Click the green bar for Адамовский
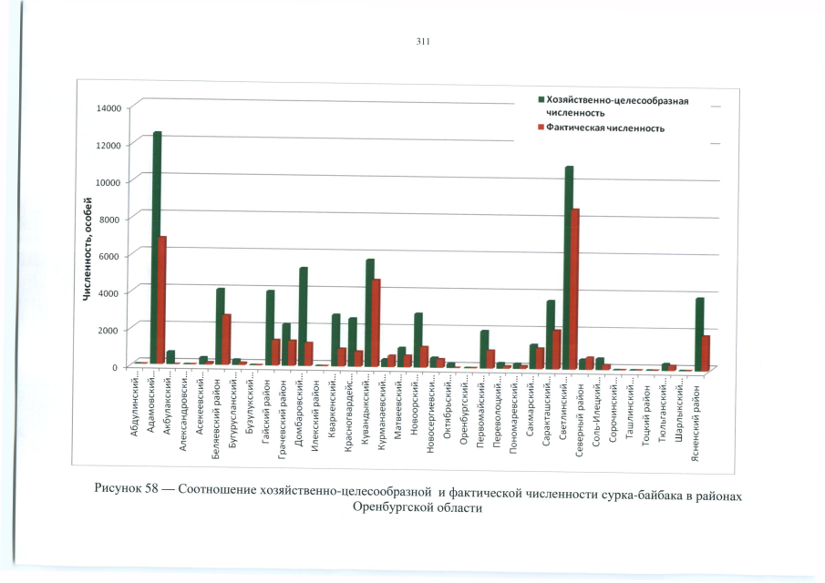coord(157,246)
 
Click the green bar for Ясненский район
coord(699,333)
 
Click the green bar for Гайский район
coord(270,327)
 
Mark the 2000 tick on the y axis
coord(111,328)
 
